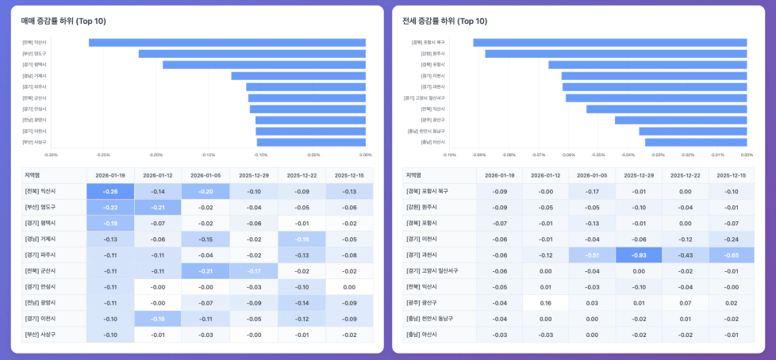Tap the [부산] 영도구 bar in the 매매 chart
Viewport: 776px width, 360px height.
click(252, 54)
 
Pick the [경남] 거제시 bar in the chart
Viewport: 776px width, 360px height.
click(298, 76)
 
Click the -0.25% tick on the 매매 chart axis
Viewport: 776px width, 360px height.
click(103, 155)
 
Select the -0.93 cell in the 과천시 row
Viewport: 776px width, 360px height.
click(638, 255)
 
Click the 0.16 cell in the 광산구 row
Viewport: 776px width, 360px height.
click(546, 302)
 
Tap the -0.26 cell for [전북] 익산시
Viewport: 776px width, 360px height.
click(110, 191)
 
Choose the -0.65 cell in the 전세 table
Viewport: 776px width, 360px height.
click(731, 255)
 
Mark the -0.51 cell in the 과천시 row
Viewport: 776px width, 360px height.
click(592, 255)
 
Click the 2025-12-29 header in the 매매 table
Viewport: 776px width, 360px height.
click(254, 175)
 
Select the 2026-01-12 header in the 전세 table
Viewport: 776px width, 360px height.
click(546, 175)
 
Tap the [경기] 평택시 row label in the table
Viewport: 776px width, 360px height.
click(40, 223)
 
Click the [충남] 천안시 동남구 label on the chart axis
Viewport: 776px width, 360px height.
click(427, 131)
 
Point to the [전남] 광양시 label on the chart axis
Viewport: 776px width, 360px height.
click(35, 120)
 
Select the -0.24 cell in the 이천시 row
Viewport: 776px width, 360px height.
click(731, 239)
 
